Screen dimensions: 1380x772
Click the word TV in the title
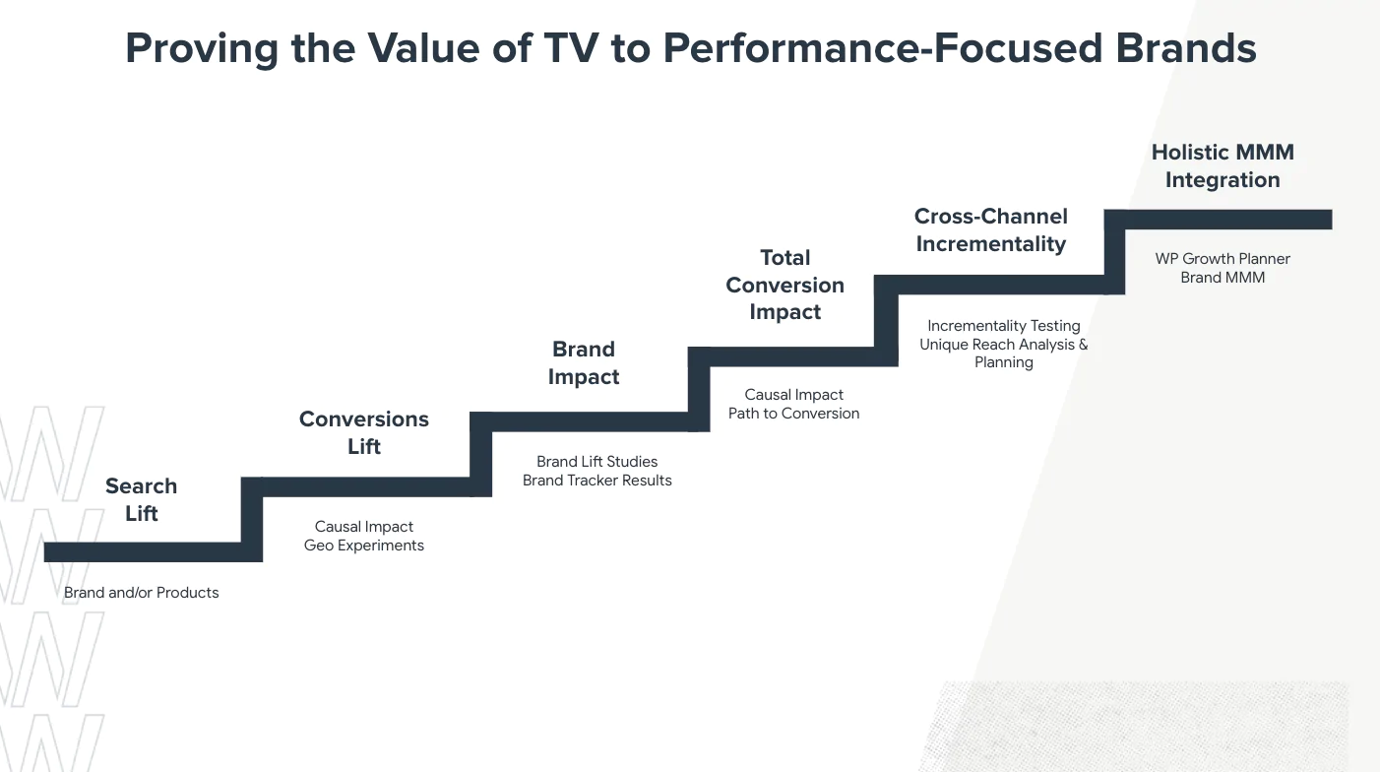point(571,48)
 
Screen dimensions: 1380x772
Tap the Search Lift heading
point(141,499)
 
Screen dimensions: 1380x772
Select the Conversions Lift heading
point(364,432)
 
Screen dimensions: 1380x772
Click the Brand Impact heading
point(584,363)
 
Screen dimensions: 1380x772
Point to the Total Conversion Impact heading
point(784,285)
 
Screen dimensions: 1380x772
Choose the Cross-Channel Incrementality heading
point(990,229)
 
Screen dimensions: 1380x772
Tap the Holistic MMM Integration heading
point(1223,165)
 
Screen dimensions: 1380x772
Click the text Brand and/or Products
point(141,593)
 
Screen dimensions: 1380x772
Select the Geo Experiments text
point(364,546)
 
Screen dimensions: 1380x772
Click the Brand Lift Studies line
point(596,462)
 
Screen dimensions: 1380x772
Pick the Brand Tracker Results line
point(596,480)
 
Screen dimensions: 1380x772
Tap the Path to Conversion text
point(793,413)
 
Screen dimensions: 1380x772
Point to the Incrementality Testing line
point(1004,325)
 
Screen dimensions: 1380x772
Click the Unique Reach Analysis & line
point(1004,344)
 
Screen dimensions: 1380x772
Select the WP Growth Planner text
point(1223,259)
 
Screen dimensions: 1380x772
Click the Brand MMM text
point(1223,278)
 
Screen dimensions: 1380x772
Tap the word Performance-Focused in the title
point(882,48)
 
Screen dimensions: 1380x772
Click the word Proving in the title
point(202,49)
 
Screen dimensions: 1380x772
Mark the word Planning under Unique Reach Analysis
point(1004,362)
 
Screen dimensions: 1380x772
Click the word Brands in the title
point(1186,48)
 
